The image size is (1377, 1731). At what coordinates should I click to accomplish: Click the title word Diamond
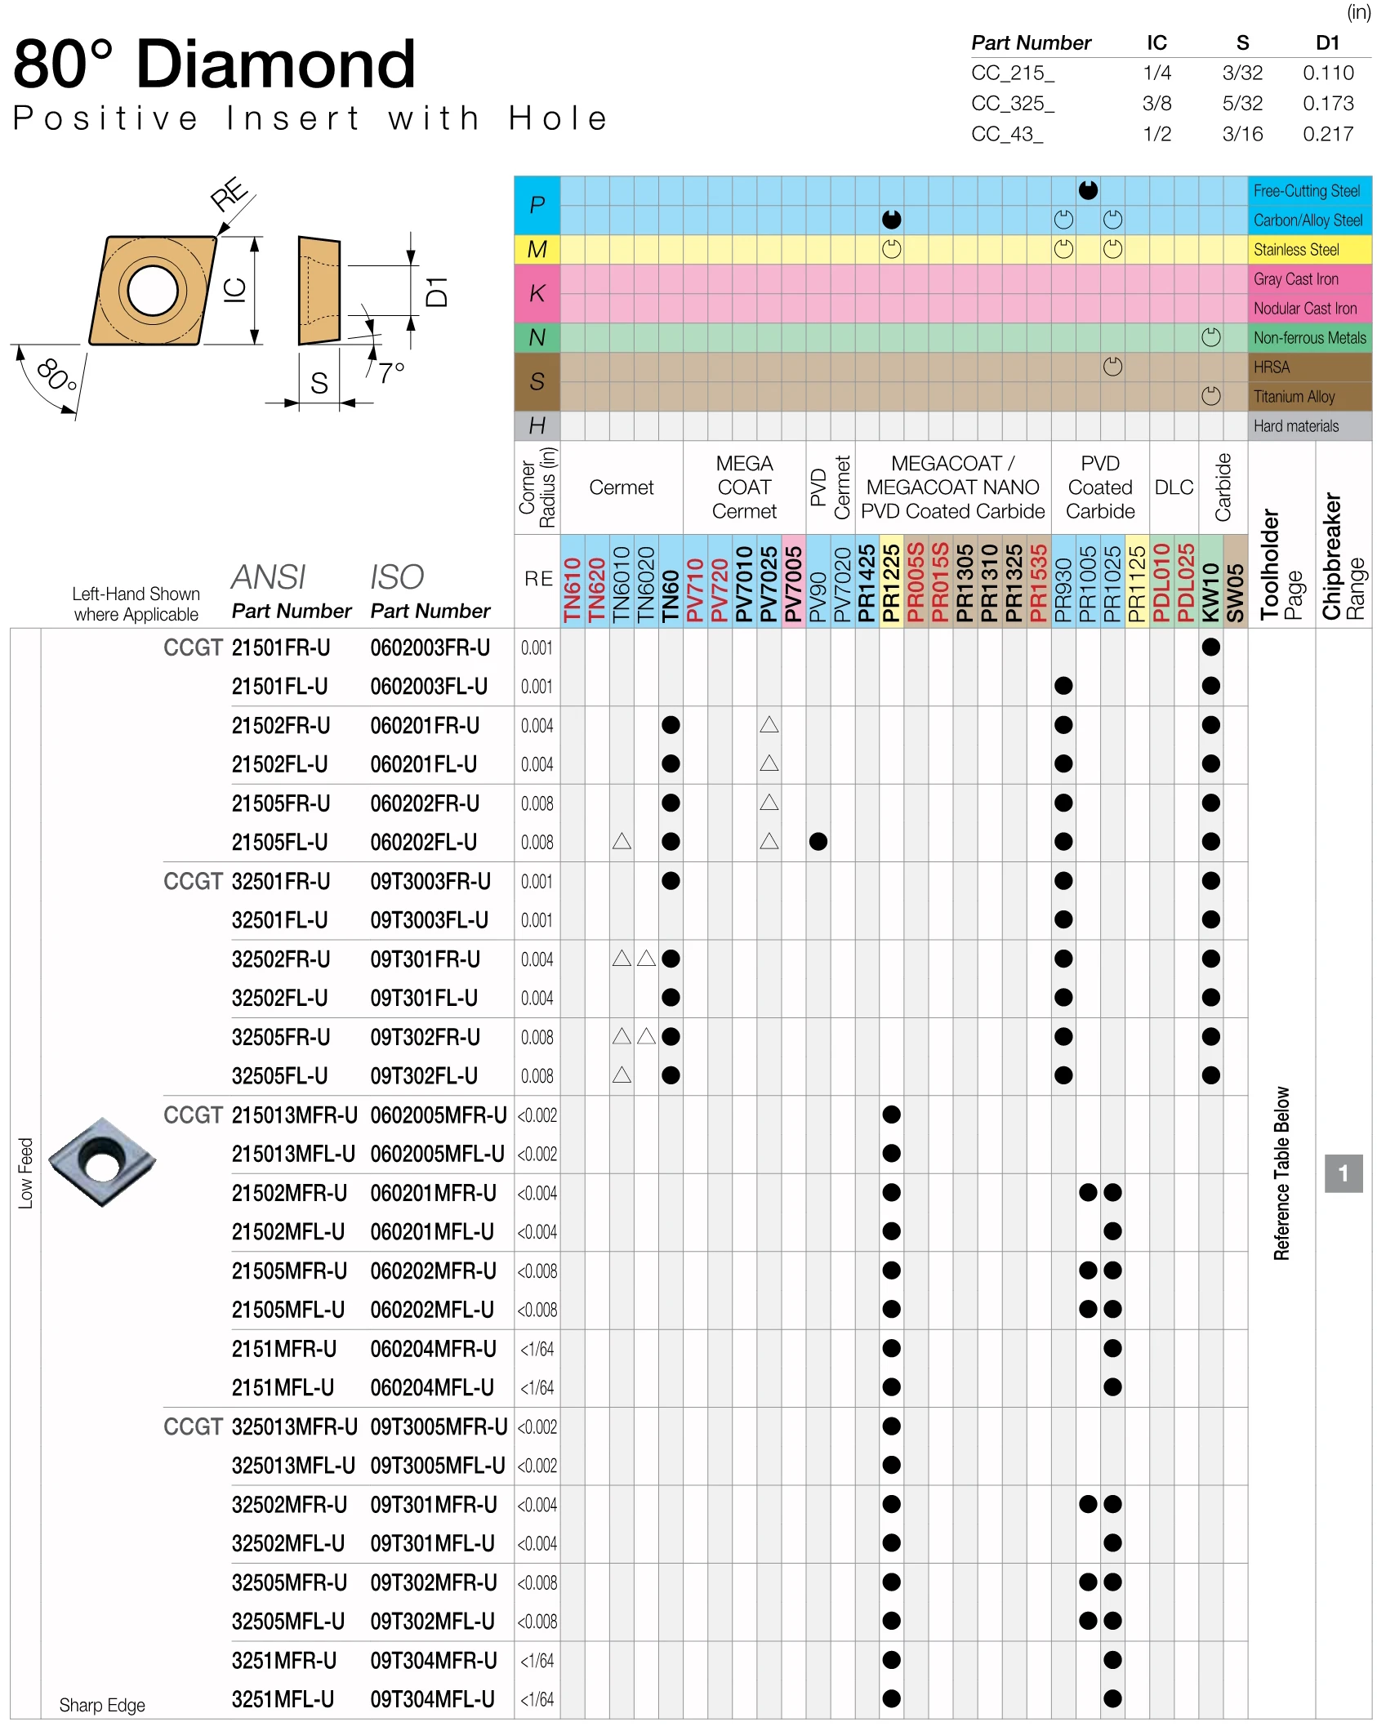coord(276,65)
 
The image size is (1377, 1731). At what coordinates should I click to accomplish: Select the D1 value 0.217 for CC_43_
coord(1328,134)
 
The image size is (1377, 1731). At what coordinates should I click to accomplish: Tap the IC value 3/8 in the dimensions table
coord(1156,104)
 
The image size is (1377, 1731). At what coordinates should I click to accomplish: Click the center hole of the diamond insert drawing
coord(153,290)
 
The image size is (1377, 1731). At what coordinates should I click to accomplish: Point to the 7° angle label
coord(391,373)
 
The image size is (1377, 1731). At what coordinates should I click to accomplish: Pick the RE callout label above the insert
coord(229,194)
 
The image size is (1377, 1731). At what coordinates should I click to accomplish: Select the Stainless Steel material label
coord(1296,250)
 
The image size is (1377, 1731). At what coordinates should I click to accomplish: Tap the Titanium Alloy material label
coord(1294,397)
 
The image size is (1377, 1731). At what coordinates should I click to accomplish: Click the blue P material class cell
coord(537,205)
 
